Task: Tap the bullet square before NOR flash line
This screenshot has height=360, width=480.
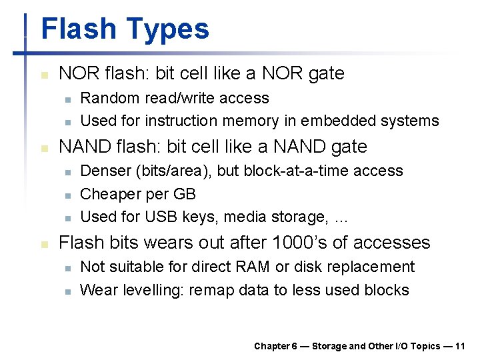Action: click(45, 75)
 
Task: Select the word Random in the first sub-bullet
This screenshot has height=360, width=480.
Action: click(107, 98)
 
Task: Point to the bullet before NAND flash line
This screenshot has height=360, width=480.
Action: click(45, 148)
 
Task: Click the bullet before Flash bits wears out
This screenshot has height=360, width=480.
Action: click(45, 245)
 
